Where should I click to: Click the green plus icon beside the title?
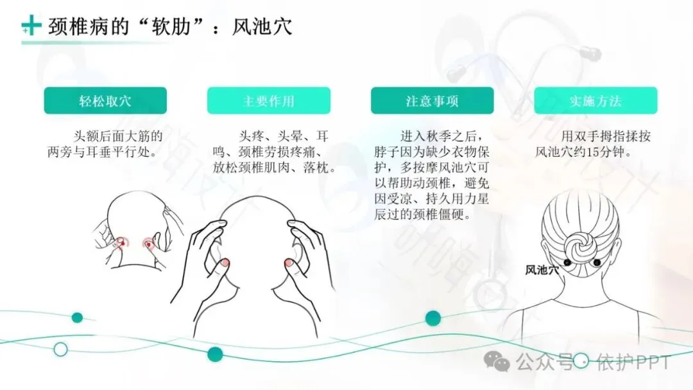(30, 26)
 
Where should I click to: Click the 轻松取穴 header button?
(105, 101)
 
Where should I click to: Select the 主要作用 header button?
(268, 101)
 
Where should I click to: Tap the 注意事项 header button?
(432, 101)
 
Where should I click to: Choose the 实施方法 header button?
(595, 101)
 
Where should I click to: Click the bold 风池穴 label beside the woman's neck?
(542, 270)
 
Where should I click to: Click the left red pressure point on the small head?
(120, 244)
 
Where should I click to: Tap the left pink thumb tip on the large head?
(224, 262)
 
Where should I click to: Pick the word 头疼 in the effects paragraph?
(252, 136)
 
